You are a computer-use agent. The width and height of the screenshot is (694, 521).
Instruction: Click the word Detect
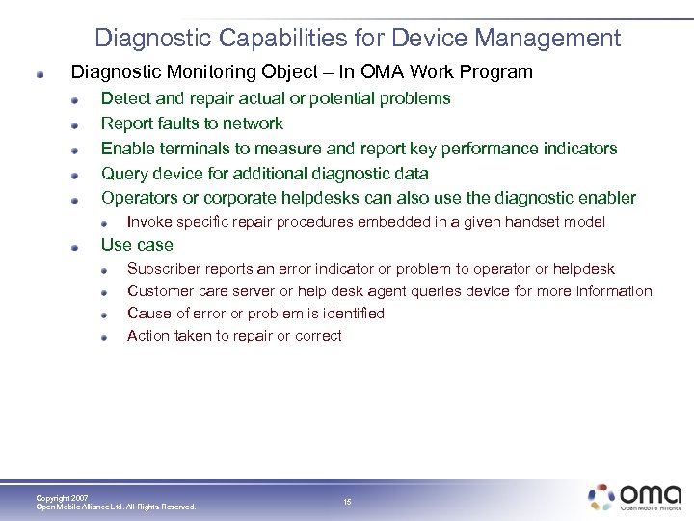(x=125, y=98)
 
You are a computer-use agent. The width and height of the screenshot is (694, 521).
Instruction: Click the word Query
(x=123, y=174)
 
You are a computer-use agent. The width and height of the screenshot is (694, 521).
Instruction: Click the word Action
(x=148, y=336)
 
